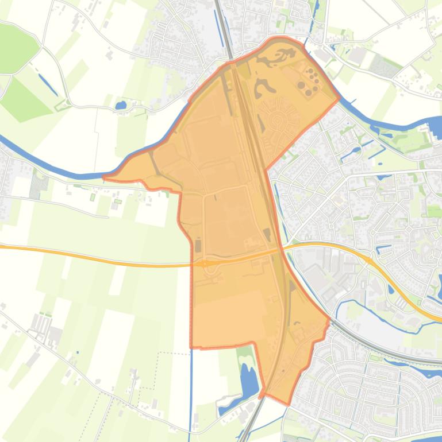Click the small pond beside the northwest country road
[x=121, y=105]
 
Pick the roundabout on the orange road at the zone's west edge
[x=203, y=263]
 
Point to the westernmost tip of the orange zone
[x=104, y=177]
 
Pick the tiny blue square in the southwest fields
[x=78, y=352]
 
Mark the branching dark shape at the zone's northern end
[x=278, y=57]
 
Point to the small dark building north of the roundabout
[x=198, y=246]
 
